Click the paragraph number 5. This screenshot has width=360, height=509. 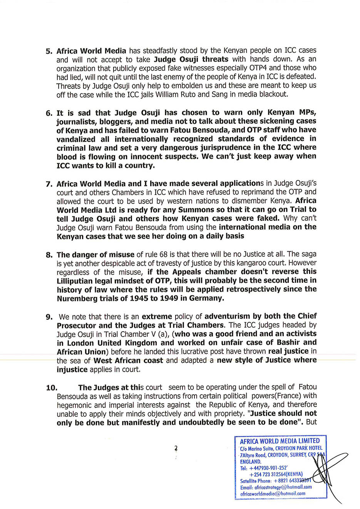click(49, 51)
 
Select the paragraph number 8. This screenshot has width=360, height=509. click(49, 255)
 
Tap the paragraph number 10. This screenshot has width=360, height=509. click(52, 388)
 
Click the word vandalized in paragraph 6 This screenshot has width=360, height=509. click(76, 139)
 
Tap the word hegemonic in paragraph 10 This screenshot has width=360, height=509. click(75, 405)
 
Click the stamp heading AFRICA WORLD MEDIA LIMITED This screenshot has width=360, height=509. click(280, 441)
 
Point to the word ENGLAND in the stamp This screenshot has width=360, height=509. click(251, 461)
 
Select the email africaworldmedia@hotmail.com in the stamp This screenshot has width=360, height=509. click(273, 494)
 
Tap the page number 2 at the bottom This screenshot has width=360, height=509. click(176, 448)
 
